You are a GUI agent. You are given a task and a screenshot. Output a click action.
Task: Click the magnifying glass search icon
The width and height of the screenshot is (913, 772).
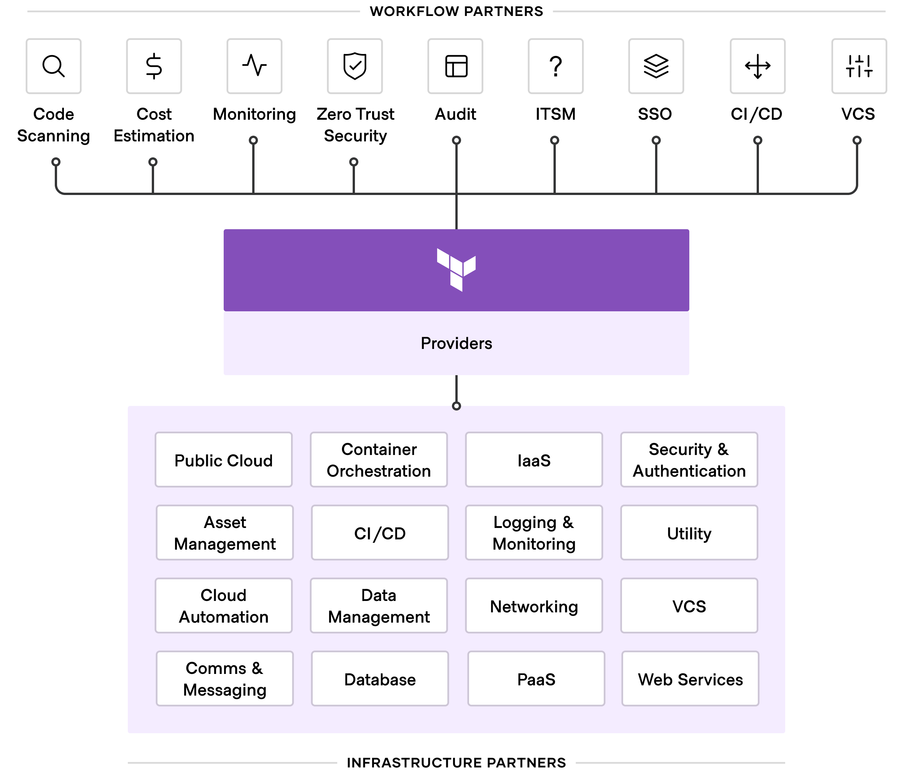[x=53, y=66]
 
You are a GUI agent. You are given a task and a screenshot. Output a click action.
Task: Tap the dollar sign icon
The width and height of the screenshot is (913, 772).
[x=154, y=66]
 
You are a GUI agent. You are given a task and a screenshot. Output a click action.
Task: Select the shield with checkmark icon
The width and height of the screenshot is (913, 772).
[x=355, y=66]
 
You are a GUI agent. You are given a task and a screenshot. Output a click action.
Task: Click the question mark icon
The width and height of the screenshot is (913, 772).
[x=555, y=66]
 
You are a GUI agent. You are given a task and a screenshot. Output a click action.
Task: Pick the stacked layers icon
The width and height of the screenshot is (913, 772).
[x=656, y=66]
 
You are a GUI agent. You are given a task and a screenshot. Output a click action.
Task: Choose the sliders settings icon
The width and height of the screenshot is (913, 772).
[x=859, y=66]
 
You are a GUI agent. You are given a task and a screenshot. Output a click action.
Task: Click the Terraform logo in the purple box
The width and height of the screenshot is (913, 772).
[x=456, y=269]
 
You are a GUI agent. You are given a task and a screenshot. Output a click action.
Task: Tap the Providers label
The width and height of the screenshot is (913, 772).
[x=456, y=344]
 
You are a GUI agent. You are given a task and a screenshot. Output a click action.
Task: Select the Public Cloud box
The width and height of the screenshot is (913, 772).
[x=223, y=460]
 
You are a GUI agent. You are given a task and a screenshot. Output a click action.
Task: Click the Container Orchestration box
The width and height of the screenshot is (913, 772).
[x=379, y=460]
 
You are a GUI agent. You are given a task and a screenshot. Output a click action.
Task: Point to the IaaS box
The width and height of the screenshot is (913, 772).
[x=534, y=460]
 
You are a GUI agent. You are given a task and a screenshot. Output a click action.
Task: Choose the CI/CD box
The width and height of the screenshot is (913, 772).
[x=380, y=533]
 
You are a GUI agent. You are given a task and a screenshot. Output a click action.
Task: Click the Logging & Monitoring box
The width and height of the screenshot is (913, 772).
[x=534, y=533]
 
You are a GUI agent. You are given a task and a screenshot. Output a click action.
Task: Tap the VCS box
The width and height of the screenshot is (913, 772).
[x=689, y=606]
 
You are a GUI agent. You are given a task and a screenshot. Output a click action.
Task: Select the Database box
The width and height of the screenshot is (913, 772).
[x=380, y=679]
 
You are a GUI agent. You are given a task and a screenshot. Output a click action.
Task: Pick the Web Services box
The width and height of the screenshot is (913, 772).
[x=690, y=679]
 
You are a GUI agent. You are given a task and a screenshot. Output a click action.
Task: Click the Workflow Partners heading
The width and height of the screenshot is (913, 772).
[x=456, y=11]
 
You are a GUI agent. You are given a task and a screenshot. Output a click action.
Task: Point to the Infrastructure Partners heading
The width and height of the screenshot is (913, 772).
[x=456, y=762]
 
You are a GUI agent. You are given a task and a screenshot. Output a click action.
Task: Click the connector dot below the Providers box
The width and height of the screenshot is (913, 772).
[x=456, y=406]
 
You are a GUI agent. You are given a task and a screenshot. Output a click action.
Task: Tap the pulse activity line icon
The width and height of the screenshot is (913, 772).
[x=254, y=66]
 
